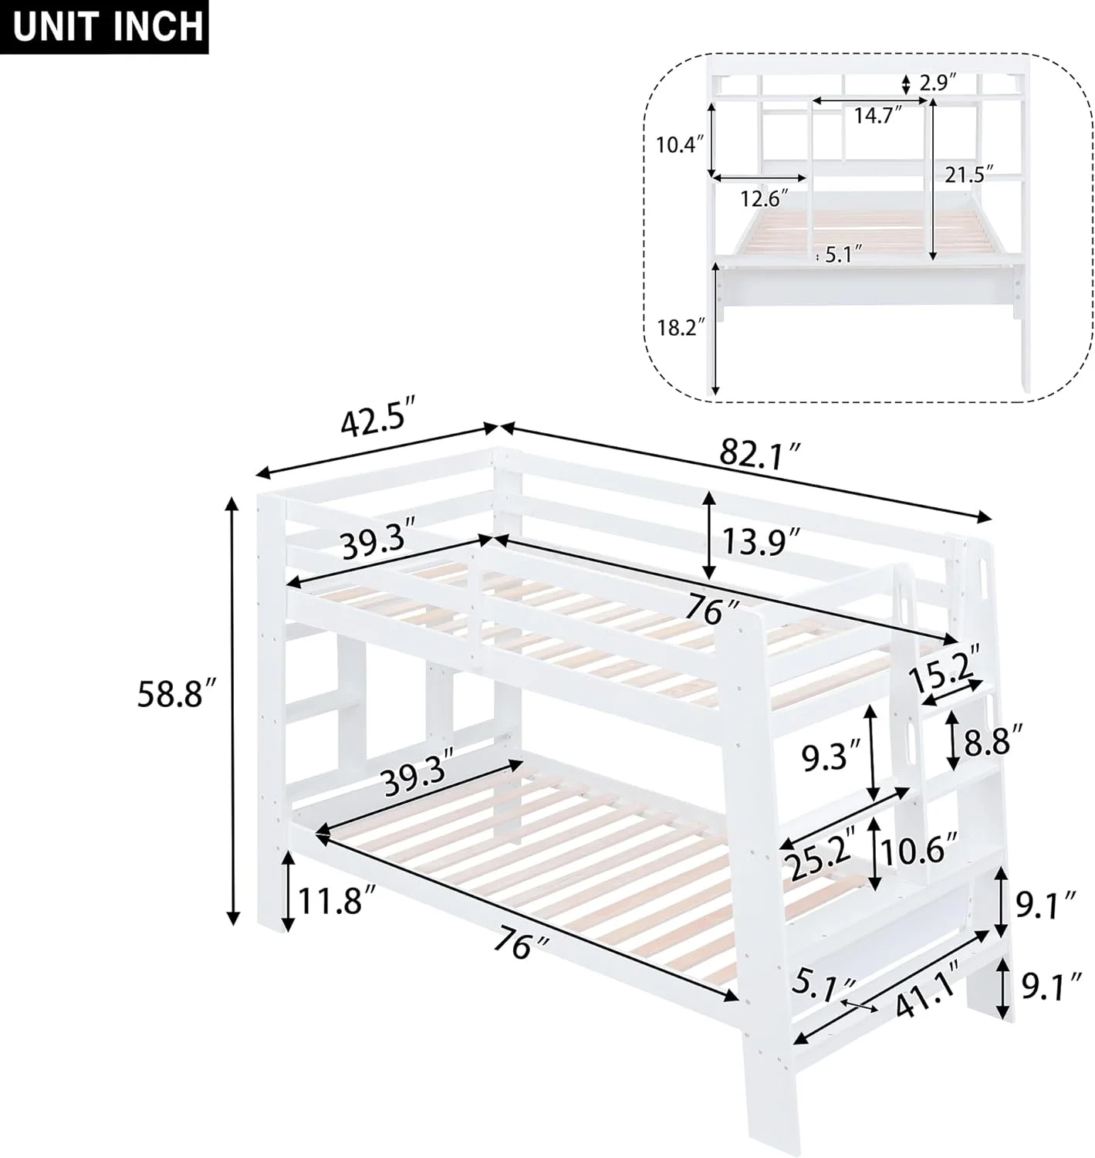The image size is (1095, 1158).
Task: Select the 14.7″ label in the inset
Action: click(877, 116)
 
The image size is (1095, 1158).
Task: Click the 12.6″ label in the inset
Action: click(765, 198)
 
